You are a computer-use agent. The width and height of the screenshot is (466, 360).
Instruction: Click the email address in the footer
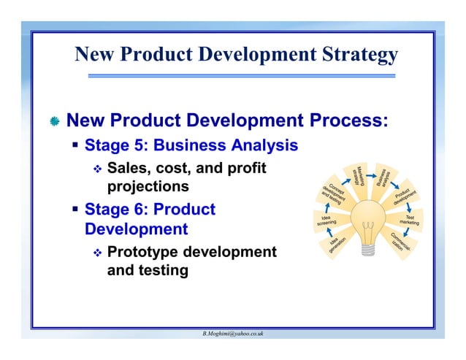click(233, 333)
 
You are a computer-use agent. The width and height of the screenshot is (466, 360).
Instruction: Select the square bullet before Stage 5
click(75, 145)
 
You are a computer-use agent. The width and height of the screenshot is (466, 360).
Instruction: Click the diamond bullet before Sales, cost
click(96, 170)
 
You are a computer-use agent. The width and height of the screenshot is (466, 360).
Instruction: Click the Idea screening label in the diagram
click(326, 219)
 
